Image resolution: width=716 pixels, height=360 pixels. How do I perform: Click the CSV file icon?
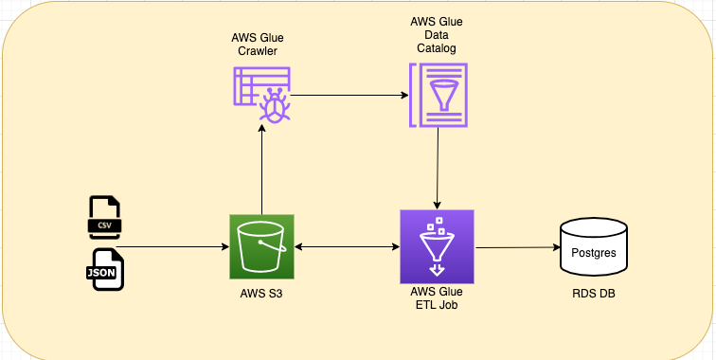[104, 218]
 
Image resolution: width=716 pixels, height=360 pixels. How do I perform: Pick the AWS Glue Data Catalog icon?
[437, 95]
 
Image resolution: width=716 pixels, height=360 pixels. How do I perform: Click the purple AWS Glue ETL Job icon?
[437, 246]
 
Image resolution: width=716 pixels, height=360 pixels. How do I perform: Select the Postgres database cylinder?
[594, 248]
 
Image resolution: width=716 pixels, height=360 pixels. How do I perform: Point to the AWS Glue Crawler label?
[258, 45]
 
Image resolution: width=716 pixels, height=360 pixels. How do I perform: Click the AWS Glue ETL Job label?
[437, 301]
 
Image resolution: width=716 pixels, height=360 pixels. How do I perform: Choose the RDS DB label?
[594, 295]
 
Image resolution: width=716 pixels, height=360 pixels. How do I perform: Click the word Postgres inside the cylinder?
[594, 253]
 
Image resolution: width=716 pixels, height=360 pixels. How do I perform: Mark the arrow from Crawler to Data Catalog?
[346, 95]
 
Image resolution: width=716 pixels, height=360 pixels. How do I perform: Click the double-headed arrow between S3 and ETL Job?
[347, 246]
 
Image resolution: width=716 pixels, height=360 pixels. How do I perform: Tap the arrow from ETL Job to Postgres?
[516, 248]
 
